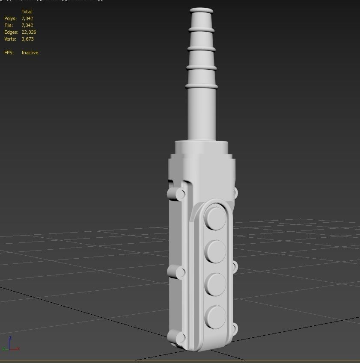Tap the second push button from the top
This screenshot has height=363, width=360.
coord(215,251)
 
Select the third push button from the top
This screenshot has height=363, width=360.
coord(215,283)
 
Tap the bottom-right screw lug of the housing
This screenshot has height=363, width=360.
coord(234,329)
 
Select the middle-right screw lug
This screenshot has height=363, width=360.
coord(234,267)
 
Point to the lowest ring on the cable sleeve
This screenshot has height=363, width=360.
coord(202,86)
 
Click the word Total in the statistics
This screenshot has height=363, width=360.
coord(27,12)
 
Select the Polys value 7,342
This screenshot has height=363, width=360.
coord(27,18)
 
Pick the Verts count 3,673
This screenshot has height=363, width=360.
coord(27,39)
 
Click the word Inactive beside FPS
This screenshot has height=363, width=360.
coord(30,53)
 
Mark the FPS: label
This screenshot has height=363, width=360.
coord(9,53)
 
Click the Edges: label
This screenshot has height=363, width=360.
coord(11,32)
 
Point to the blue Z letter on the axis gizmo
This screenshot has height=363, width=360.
coord(10,338)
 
